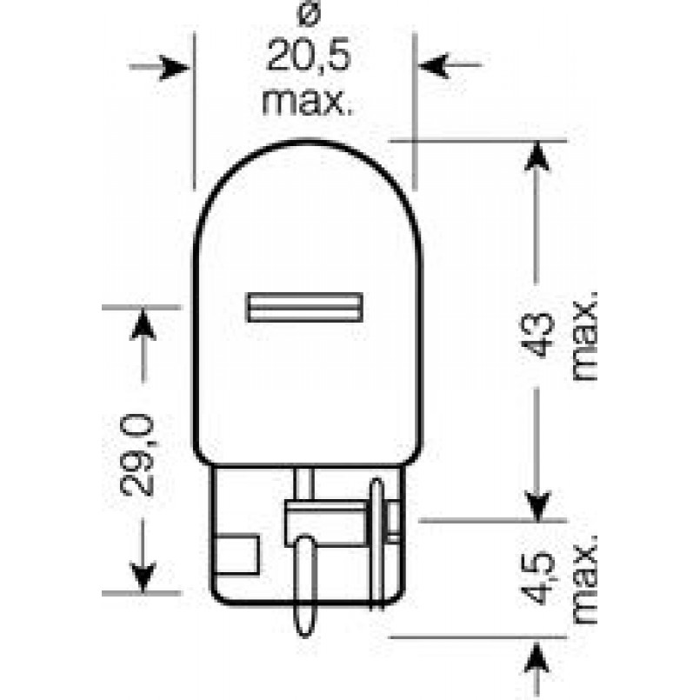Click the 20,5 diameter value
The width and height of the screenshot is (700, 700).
308,56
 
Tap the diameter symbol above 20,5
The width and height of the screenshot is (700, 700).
309,16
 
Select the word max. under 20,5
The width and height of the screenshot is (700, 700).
307,102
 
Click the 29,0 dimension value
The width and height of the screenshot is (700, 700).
137,455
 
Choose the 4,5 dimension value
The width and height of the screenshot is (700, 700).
537,579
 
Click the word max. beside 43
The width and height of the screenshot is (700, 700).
585,337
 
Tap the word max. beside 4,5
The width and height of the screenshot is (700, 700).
585,579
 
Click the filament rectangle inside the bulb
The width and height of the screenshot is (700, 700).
305,307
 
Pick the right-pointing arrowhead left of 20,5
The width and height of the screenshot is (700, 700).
174,68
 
